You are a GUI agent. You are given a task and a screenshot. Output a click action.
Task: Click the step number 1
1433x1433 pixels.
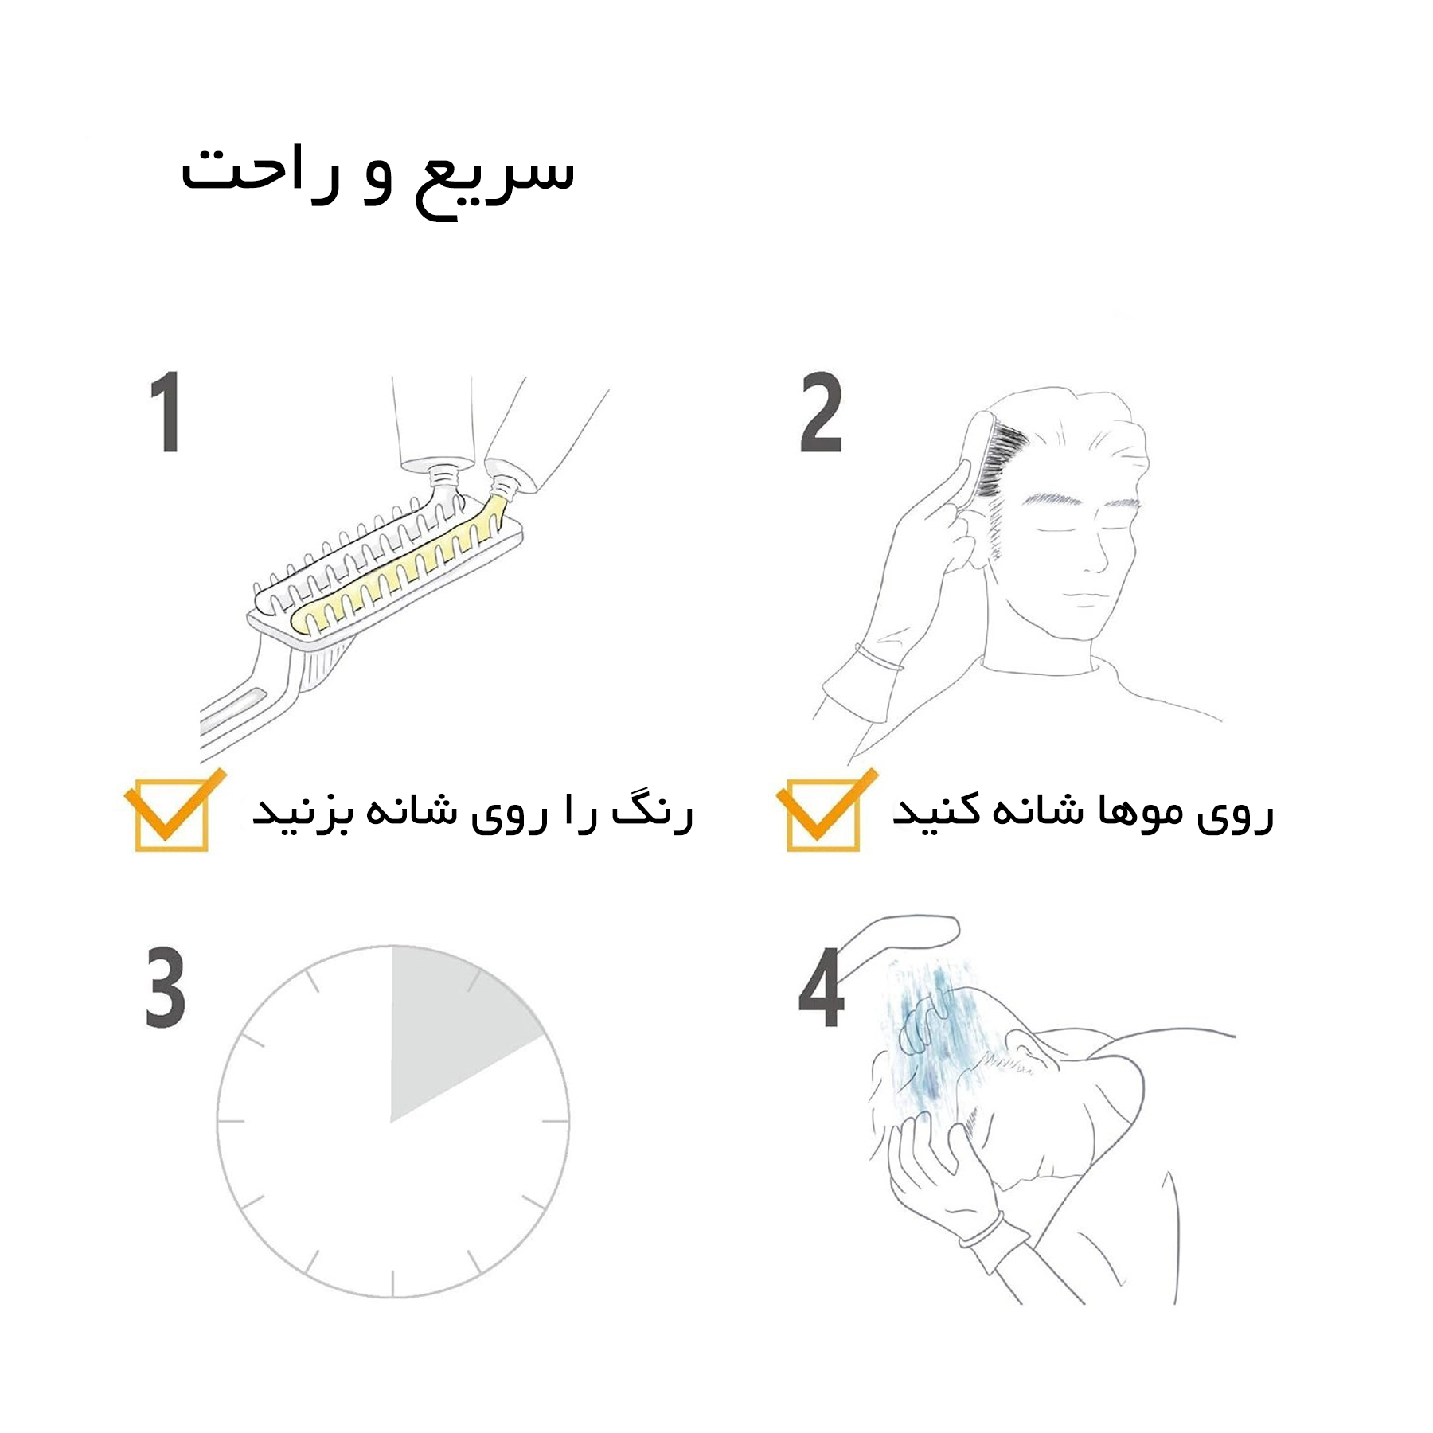click(166, 412)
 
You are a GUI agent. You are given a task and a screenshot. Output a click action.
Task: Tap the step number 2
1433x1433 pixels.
click(821, 412)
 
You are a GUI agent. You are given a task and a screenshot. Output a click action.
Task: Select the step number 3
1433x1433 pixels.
click(166, 986)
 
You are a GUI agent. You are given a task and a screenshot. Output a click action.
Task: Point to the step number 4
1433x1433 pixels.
click(821, 987)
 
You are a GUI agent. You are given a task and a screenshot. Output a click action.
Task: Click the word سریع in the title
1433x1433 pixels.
click(494, 179)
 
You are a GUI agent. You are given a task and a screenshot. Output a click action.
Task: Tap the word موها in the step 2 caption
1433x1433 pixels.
click(1129, 812)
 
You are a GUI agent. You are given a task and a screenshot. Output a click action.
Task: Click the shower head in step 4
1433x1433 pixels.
click(900, 939)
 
